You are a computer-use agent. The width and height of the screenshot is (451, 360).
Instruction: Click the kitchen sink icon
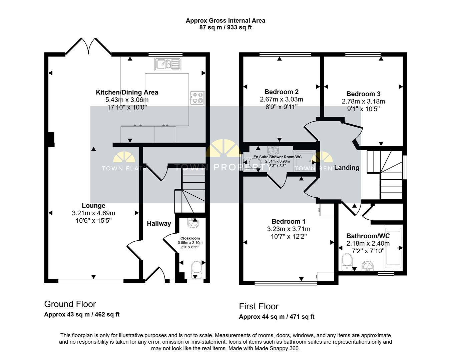pos(167,64)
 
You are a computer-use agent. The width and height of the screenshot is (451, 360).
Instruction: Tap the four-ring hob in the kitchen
pos(197,97)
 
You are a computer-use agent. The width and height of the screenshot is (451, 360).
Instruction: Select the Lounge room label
pos(93,206)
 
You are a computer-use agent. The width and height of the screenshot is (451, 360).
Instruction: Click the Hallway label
pos(159,223)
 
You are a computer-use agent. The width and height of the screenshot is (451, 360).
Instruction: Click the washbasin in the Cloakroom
pos(193,223)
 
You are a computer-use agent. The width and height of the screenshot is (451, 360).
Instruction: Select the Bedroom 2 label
pos(281,92)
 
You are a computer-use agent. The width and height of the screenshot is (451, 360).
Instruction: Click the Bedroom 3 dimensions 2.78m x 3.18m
pos(363,101)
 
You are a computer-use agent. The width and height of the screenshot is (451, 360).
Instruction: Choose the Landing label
pos(347,168)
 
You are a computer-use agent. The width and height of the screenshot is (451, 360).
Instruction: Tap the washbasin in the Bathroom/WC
pos(367,266)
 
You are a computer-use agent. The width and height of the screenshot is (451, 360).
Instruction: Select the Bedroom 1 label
pos(288,221)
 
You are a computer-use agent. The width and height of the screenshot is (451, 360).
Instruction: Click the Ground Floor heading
pos(70,304)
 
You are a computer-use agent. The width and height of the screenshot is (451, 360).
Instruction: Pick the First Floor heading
pos(259,306)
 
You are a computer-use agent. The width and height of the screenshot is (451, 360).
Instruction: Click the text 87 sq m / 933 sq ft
pos(225,28)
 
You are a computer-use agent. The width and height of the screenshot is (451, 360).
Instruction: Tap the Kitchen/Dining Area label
pos(127,92)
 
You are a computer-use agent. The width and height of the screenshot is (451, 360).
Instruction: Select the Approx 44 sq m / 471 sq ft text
pos(277,317)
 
